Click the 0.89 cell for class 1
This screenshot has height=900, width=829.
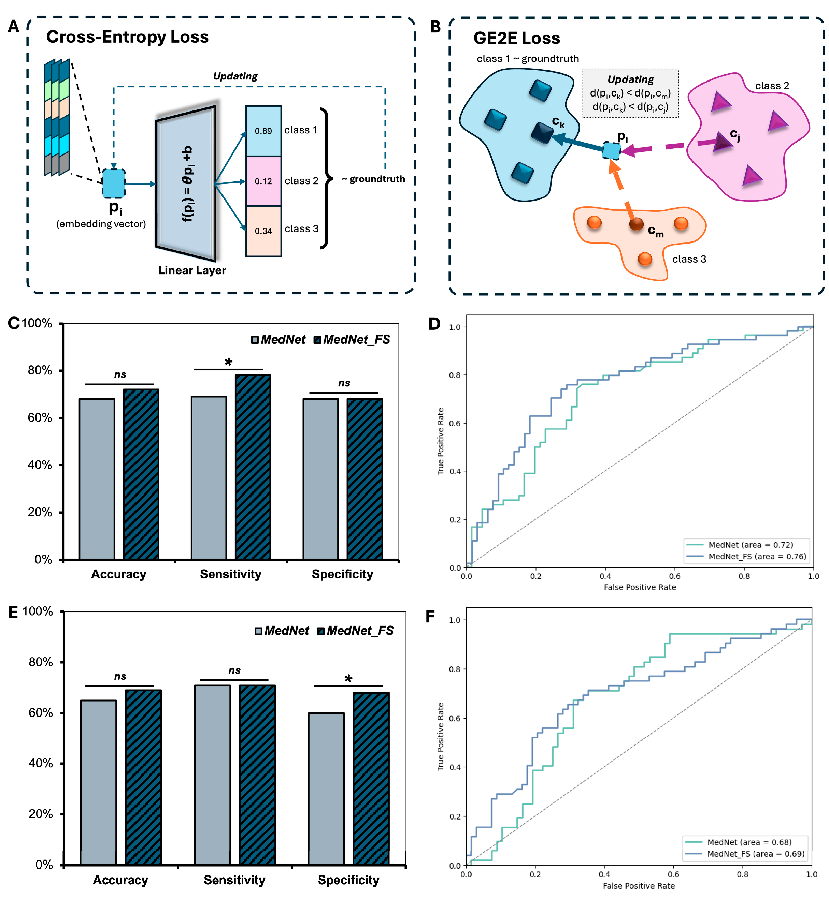(x=263, y=131)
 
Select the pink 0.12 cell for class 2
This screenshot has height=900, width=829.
(x=263, y=181)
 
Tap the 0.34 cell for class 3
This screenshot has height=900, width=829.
(x=263, y=231)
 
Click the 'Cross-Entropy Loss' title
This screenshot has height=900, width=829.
(x=127, y=37)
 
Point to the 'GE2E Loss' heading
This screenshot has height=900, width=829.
(x=516, y=39)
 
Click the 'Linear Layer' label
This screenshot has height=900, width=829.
(x=192, y=270)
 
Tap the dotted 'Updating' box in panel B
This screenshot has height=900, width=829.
(x=630, y=93)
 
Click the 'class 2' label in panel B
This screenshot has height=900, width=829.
(x=772, y=86)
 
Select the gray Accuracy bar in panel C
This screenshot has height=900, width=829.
(x=97, y=479)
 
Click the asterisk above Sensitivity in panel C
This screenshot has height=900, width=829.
(x=228, y=362)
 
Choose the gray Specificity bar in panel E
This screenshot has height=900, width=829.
(x=326, y=788)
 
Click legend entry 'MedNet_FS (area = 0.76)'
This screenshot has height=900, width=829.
(x=757, y=556)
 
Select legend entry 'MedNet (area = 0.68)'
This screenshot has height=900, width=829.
(x=749, y=842)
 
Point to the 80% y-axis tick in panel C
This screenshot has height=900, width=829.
(x=40, y=370)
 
